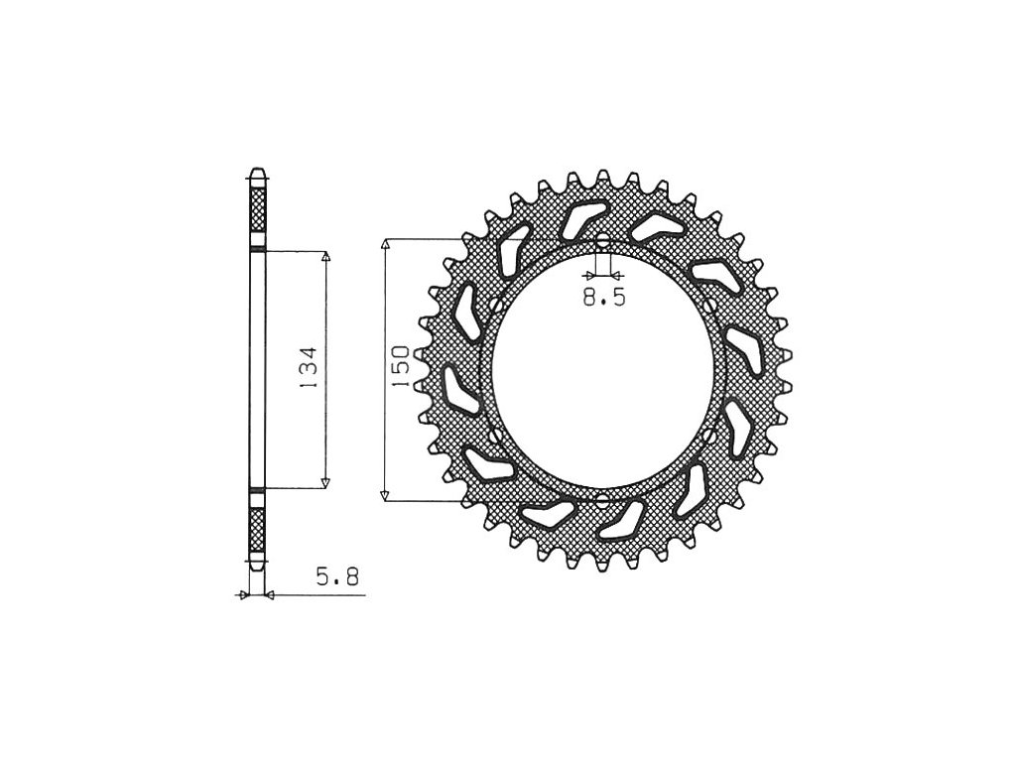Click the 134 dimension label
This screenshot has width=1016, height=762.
(x=309, y=368)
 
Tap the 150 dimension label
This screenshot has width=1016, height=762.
(x=401, y=367)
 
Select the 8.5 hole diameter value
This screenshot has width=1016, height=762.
(x=604, y=298)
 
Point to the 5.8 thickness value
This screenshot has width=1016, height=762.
(x=337, y=576)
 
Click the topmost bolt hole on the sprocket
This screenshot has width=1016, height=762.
(x=603, y=241)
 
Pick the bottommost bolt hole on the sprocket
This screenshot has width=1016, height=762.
(x=603, y=500)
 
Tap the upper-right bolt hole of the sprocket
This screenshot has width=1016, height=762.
(x=710, y=305)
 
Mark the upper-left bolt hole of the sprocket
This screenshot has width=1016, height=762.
(x=496, y=305)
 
